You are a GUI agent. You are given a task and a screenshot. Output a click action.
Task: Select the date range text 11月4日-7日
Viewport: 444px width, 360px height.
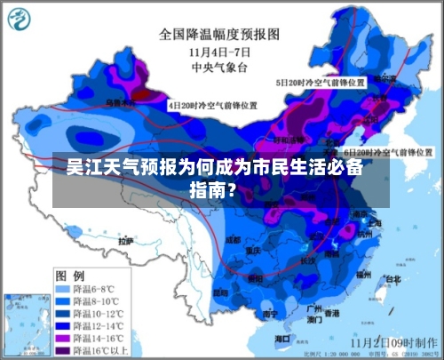click(219, 51)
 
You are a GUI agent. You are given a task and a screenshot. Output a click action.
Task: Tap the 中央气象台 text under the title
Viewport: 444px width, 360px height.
click(219, 66)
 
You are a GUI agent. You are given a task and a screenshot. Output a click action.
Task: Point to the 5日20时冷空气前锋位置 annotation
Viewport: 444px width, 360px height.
click(319, 82)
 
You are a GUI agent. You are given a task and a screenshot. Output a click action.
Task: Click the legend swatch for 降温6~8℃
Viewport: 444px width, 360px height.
click(66, 290)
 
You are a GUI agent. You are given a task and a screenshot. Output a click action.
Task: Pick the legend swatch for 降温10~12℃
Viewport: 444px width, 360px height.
click(66, 314)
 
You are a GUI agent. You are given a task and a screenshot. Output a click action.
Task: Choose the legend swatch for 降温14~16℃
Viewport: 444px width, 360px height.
click(66, 338)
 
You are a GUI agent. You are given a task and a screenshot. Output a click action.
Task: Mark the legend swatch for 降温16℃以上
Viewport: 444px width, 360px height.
click(66, 350)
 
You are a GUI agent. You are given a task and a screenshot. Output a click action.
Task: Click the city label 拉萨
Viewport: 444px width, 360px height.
click(126, 240)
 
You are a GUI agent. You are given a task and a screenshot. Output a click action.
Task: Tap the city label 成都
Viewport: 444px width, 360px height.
click(234, 240)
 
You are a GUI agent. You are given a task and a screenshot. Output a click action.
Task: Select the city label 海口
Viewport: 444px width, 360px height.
click(282, 339)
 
